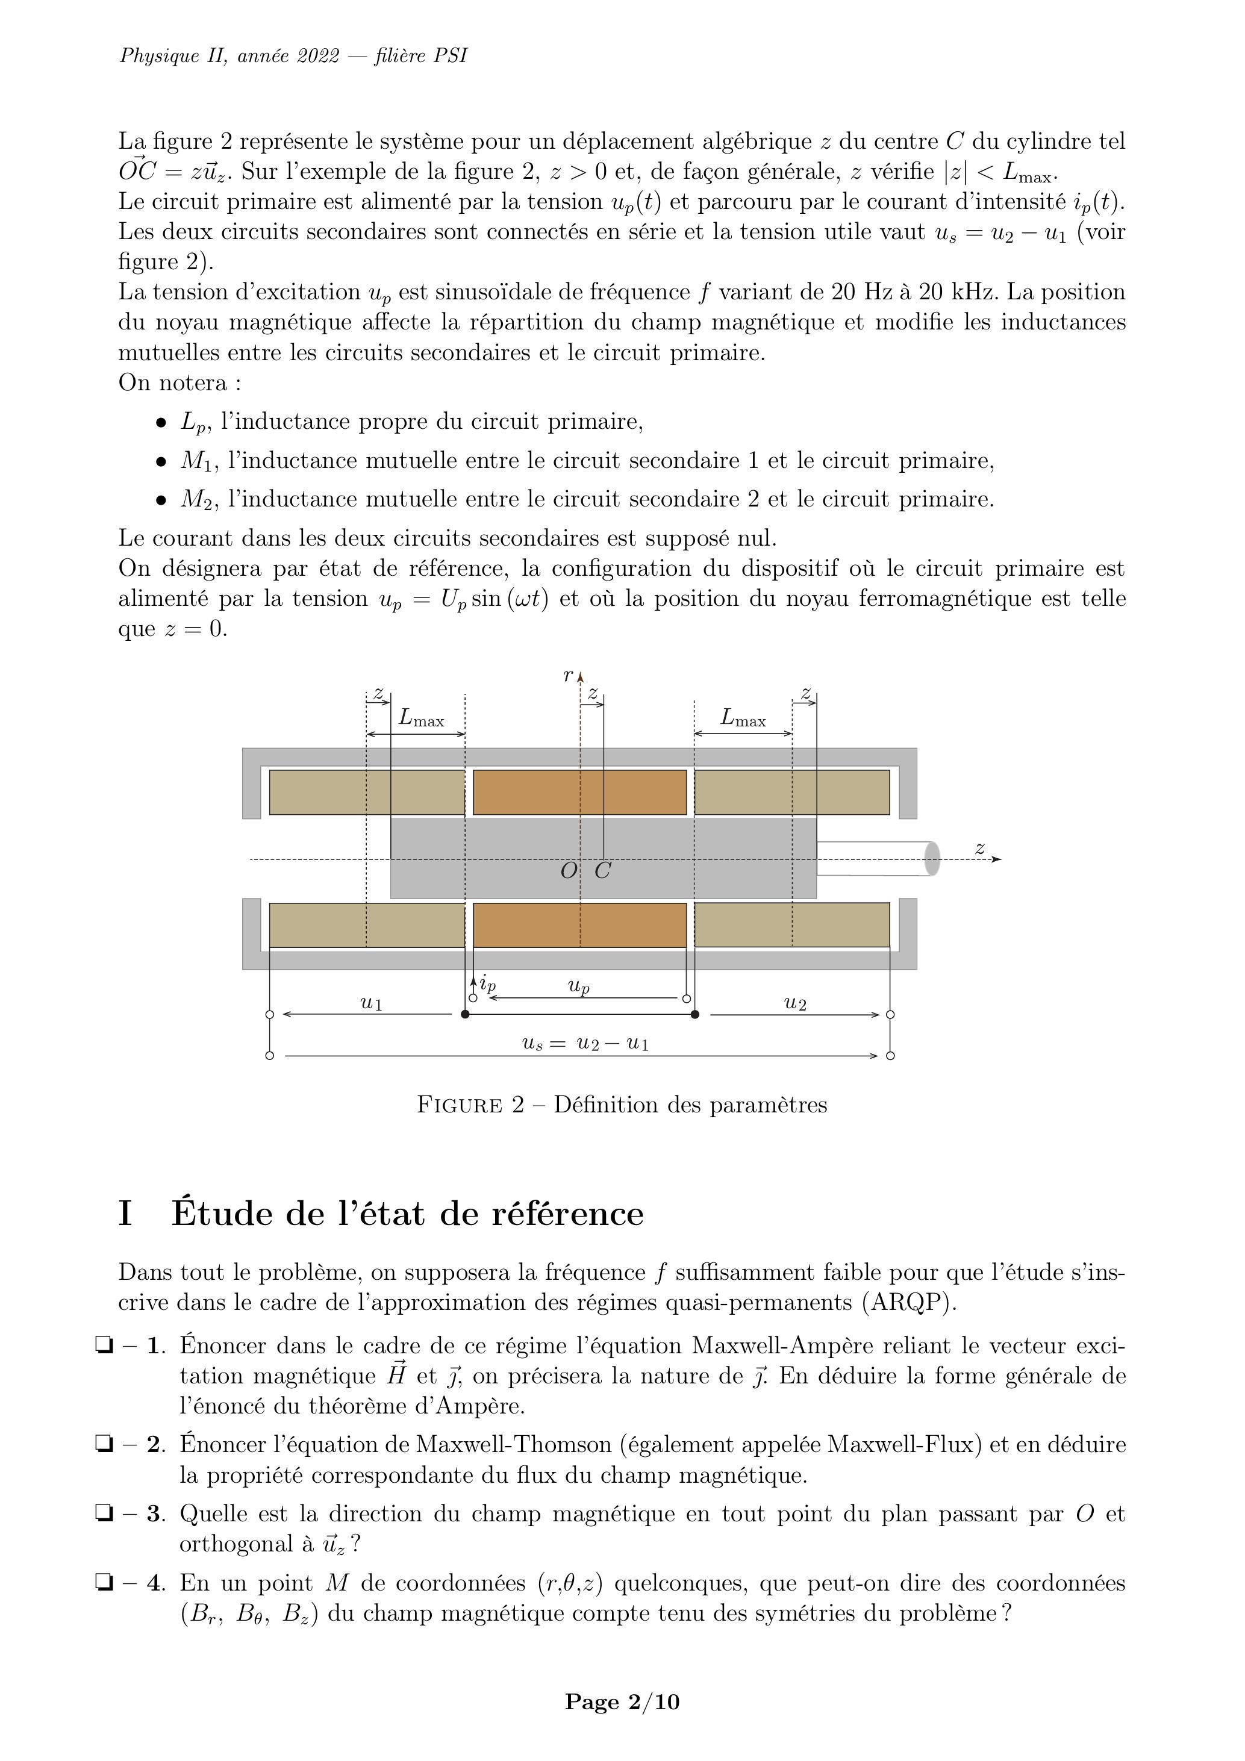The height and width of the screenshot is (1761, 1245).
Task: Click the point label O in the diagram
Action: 569,870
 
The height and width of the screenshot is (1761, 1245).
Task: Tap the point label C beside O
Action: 603,870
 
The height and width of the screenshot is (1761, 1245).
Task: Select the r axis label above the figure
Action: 567,676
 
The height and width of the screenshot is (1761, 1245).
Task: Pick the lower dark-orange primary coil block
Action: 580,925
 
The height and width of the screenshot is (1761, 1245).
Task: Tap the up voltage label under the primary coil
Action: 579,986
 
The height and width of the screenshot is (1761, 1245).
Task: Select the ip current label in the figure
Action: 488,983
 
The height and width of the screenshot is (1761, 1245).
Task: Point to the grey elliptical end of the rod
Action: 932,858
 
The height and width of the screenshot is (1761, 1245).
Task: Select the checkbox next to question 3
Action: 103,1513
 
